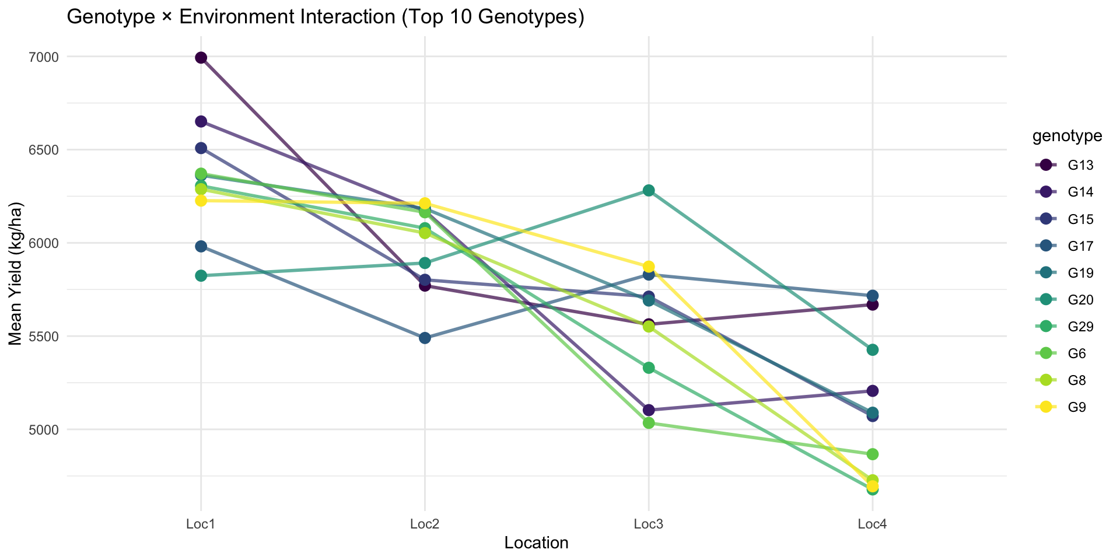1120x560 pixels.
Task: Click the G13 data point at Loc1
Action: point(201,57)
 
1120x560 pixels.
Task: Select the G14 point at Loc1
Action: point(201,121)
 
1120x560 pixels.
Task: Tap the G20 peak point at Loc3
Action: point(649,190)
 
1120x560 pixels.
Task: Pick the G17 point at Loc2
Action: point(425,338)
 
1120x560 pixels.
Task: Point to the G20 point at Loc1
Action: point(201,275)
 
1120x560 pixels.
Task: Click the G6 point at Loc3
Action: point(649,422)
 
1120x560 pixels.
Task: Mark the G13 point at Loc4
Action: point(873,304)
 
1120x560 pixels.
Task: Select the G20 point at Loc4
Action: point(873,350)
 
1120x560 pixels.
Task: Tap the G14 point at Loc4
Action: point(873,390)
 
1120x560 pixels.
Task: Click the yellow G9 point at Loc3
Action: point(649,267)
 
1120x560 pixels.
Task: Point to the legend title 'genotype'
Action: point(1067,136)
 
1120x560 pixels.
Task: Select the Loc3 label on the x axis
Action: point(649,524)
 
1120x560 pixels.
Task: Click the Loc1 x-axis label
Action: point(201,524)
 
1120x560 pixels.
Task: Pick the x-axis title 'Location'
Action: point(536,543)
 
